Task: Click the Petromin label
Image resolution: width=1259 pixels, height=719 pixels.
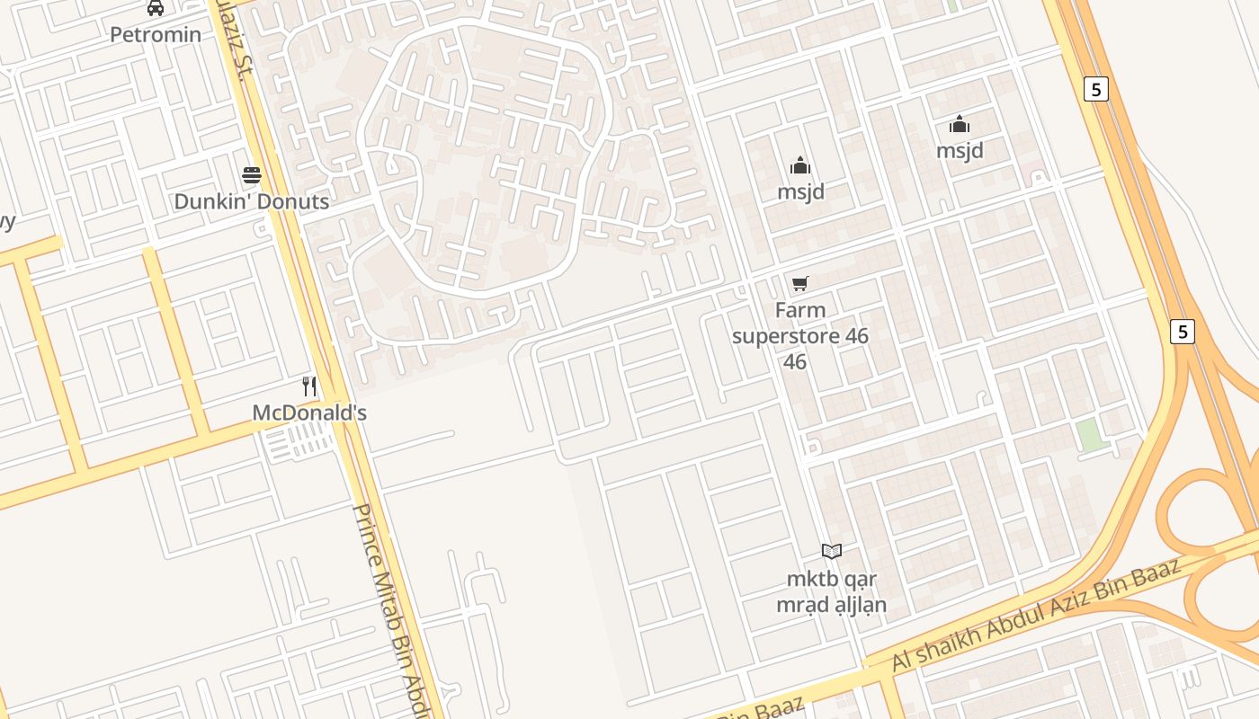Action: [x=156, y=35]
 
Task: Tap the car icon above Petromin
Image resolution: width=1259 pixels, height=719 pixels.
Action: [x=156, y=8]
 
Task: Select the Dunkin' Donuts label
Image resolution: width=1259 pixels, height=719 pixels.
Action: [x=252, y=201]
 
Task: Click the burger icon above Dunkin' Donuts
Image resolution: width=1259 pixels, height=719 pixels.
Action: [x=252, y=174]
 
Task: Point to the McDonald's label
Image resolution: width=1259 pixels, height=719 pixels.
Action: [x=309, y=413]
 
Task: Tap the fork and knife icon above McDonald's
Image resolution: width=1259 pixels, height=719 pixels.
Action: [x=309, y=386]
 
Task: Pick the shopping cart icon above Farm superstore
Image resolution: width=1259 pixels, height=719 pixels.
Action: [x=799, y=284]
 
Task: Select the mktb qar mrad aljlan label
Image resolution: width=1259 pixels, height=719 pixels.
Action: [x=832, y=591]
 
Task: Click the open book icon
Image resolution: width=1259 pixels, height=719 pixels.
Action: [x=832, y=551]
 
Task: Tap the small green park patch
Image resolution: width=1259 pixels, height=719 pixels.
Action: [x=1089, y=435]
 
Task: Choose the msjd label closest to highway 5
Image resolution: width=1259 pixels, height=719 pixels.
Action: [x=960, y=151]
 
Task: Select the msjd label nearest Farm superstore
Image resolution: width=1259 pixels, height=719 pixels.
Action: [x=800, y=191]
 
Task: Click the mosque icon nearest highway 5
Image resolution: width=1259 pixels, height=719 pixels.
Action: [x=960, y=124]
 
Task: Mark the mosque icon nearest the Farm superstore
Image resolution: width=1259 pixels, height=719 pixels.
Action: [x=800, y=165]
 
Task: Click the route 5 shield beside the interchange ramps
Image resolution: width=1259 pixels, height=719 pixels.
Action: [x=1183, y=331]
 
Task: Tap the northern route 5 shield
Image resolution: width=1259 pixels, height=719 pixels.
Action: [x=1095, y=89]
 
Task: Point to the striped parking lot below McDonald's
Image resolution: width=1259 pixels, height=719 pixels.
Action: [x=301, y=441]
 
